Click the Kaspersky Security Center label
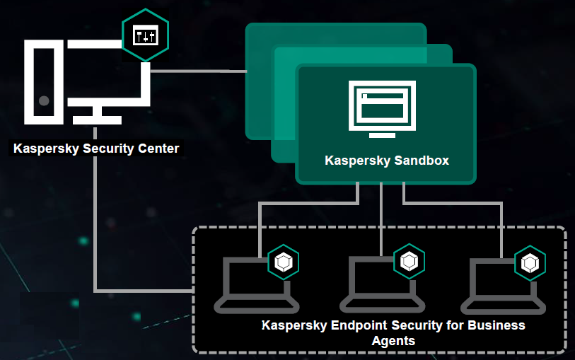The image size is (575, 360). pos(96,149)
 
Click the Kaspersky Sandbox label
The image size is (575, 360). pos(387,161)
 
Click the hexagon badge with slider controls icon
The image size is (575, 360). pos(145,35)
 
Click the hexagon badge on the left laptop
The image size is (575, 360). pos(284,262)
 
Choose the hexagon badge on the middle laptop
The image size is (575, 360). pos(409,262)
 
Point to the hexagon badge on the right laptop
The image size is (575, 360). pos(530,262)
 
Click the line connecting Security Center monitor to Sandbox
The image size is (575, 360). pos(198,71)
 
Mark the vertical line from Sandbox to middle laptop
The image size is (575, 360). pos(382,219)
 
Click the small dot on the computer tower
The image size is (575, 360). pos(44,100)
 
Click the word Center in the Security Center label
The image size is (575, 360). pos(157,149)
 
